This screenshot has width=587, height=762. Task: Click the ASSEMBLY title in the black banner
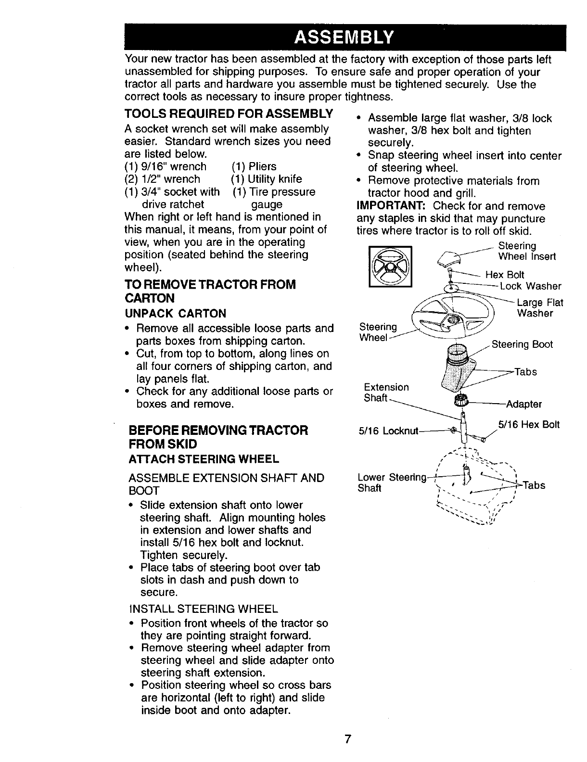pyautogui.click(x=345, y=37)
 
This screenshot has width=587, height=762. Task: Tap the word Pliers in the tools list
pyautogui.click(x=262, y=166)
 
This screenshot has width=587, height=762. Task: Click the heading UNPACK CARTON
pyautogui.click(x=175, y=314)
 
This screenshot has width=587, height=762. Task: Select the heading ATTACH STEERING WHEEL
pyautogui.click(x=204, y=458)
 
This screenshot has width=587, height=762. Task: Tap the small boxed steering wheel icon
pyautogui.click(x=390, y=266)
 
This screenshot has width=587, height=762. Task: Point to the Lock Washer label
pyautogui.click(x=531, y=286)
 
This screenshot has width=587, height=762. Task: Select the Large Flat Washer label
pyautogui.click(x=539, y=308)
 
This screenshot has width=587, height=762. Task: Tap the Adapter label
pyautogui.click(x=524, y=404)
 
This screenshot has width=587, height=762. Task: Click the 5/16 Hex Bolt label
pyautogui.click(x=529, y=425)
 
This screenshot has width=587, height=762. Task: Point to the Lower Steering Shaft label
pyautogui.click(x=392, y=483)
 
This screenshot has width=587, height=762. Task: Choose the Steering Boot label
pyautogui.click(x=522, y=344)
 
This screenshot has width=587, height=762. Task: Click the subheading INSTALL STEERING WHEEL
pyautogui.click(x=203, y=609)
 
